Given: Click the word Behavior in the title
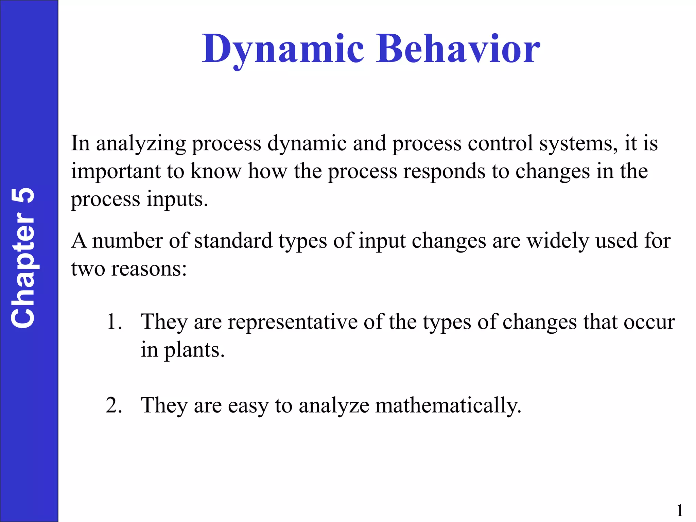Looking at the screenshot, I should pos(457,49).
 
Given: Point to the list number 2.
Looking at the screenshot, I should pos(114,405).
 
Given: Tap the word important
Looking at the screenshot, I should pos(116,172).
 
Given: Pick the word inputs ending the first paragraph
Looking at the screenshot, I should pos(177,199).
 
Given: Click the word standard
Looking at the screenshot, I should pos(233,241).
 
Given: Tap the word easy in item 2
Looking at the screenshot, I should pos(248,406).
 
